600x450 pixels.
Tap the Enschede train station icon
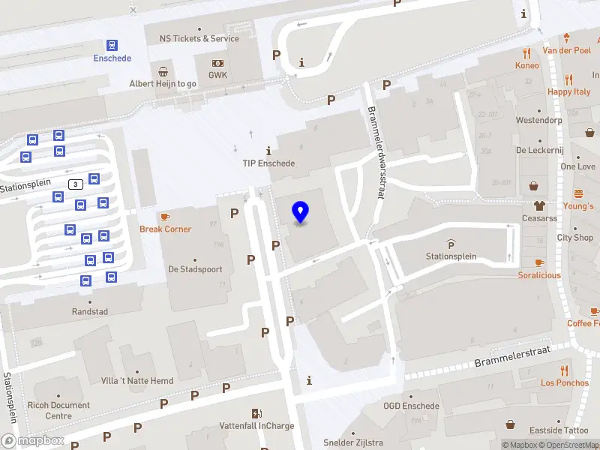click(112, 45)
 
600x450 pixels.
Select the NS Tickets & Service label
click(199, 38)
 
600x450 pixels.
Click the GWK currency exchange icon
click(217, 63)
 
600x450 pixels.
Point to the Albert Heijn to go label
click(163, 83)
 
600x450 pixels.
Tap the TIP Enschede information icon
click(268, 151)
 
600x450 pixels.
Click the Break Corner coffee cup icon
click(165, 217)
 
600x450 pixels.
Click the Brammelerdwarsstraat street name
click(376, 152)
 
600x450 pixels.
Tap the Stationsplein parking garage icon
click(451, 244)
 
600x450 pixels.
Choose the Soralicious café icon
click(539, 262)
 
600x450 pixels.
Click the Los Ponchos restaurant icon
click(564, 370)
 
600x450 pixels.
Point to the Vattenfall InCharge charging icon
click(256, 413)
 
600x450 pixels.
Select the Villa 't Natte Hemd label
click(137, 381)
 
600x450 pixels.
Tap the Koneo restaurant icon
click(527, 53)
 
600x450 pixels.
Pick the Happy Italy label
click(569, 91)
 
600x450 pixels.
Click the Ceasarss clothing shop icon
click(539, 205)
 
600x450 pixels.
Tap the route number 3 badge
click(74, 184)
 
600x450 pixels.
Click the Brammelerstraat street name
click(512, 357)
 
